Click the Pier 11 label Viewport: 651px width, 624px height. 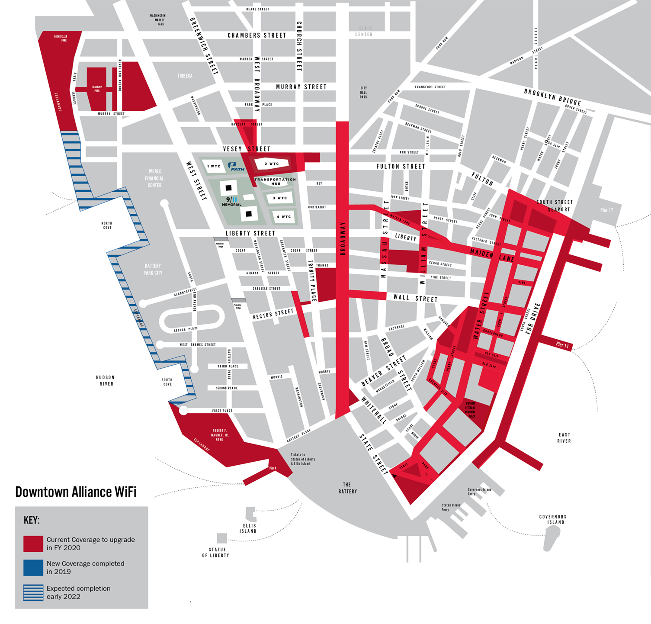point(562,344)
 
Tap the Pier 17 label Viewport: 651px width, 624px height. point(606,210)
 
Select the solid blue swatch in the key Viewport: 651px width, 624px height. point(33,568)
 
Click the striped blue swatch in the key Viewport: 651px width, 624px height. point(33,592)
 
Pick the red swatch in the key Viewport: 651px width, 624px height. point(33,544)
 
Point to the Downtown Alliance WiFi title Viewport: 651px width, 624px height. point(76,492)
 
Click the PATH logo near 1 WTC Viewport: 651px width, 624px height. point(236,167)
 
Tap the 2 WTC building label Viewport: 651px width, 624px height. point(272,164)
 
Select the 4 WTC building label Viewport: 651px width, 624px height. point(284,217)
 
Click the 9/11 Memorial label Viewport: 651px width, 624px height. point(232,202)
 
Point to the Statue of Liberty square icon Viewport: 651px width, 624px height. point(222,538)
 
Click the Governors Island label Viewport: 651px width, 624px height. point(553,519)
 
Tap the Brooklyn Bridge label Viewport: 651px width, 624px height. point(552,97)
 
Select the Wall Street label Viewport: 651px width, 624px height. point(415,298)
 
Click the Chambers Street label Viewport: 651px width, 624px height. point(257,35)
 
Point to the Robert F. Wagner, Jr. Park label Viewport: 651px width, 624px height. point(219,435)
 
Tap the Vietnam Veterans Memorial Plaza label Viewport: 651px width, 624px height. point(470,410)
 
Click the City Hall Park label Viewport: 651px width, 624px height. point(363,92)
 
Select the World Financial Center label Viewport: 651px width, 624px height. point(154,178)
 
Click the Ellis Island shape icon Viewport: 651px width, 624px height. point(250,514)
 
